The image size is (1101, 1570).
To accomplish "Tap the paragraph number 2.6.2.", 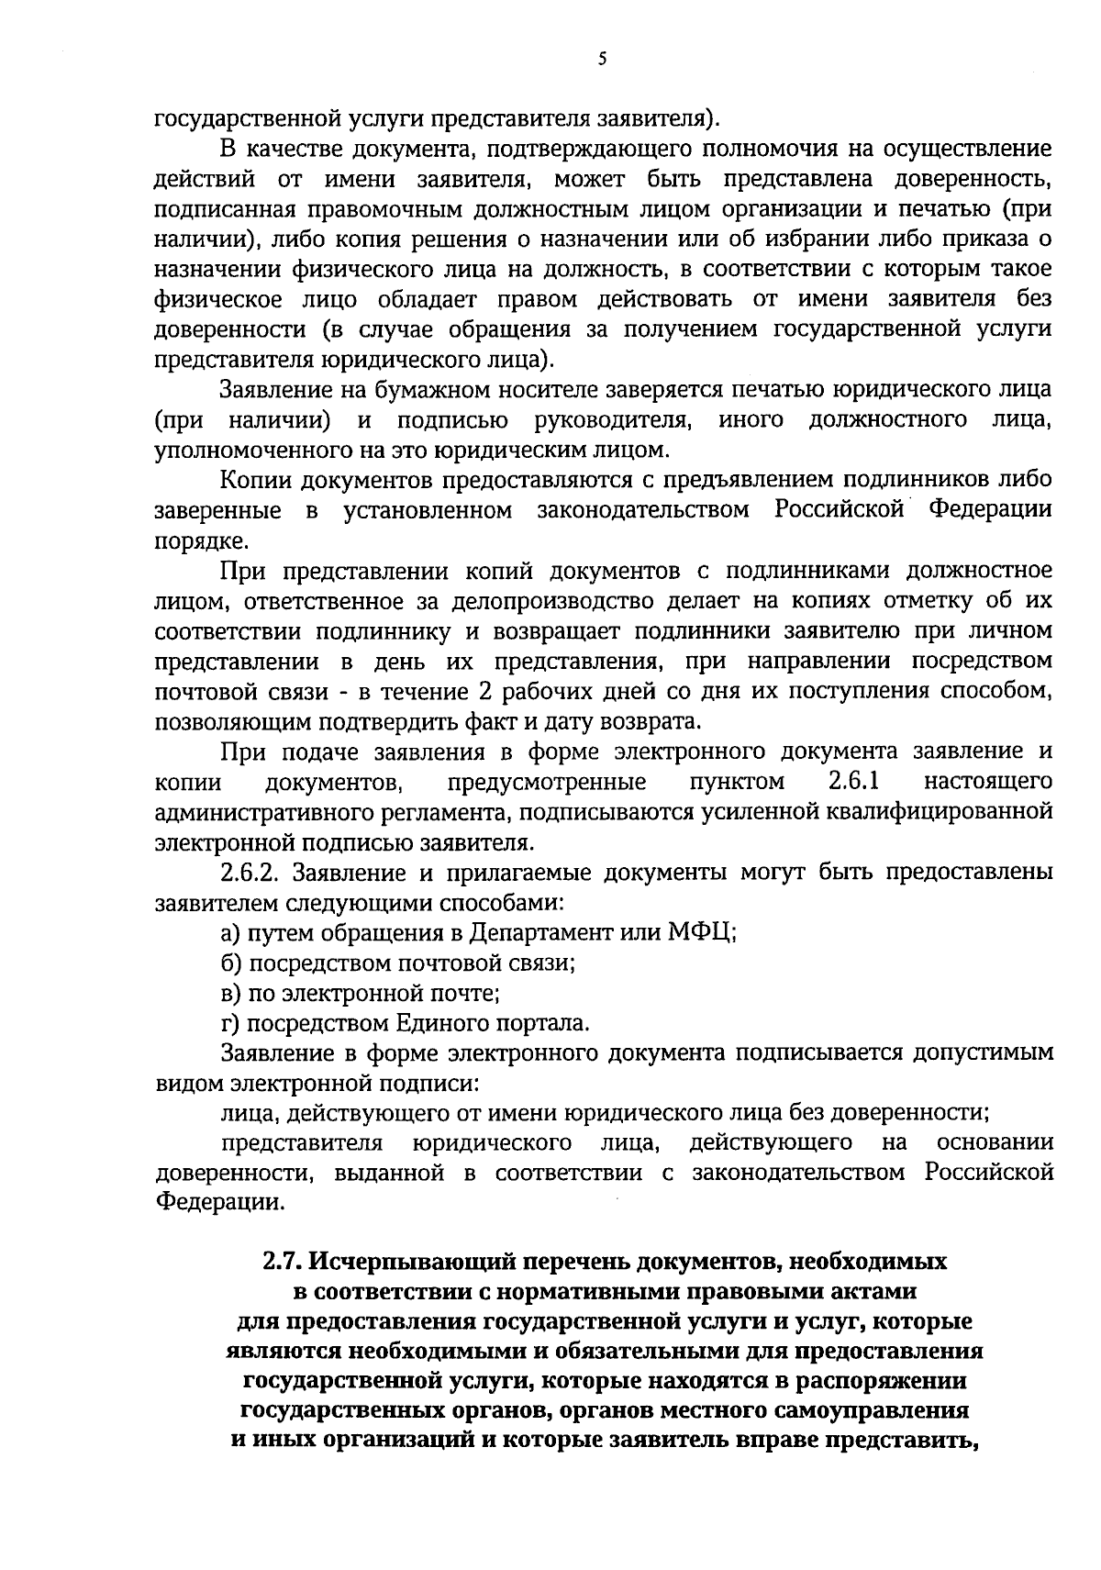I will (248, 873).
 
